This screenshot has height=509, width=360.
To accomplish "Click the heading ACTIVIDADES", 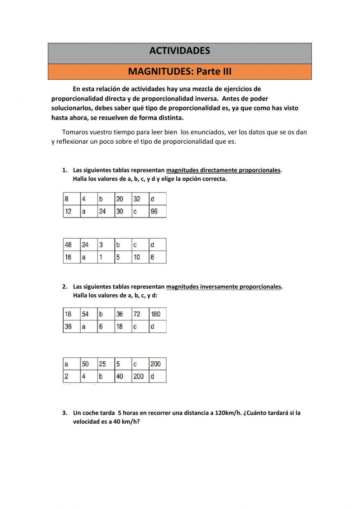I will tap(180, 51).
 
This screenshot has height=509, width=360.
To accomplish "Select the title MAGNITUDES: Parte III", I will tap(180, 71).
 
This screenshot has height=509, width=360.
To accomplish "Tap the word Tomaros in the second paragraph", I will tap(75, 132).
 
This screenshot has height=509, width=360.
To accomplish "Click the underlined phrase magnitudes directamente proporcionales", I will tap(223, 170).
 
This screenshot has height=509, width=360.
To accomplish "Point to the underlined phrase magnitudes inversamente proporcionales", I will tap(223, 287).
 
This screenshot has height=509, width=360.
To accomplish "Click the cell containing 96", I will tap(157, 211).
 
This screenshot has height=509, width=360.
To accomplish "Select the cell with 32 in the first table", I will tap(140, 199).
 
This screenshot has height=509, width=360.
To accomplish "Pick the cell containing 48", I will tap(71, 245).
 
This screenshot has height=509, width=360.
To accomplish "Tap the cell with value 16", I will tap(71, 257).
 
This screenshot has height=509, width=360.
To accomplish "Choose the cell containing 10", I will tap(140, 257).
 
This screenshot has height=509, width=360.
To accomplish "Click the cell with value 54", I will tap(89, 314).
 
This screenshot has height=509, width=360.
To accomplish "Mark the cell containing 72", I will tap(140, 314).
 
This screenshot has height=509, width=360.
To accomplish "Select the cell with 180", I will tap(157, 314).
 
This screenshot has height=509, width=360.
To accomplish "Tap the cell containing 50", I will tap(89, 364).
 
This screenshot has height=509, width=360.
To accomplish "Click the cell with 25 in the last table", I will tap(106, 364).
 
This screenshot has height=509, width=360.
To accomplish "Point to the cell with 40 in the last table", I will tap(123, 376).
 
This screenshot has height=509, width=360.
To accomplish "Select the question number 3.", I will tap(64, 413).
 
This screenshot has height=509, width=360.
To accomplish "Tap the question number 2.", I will tap(64, 287).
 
